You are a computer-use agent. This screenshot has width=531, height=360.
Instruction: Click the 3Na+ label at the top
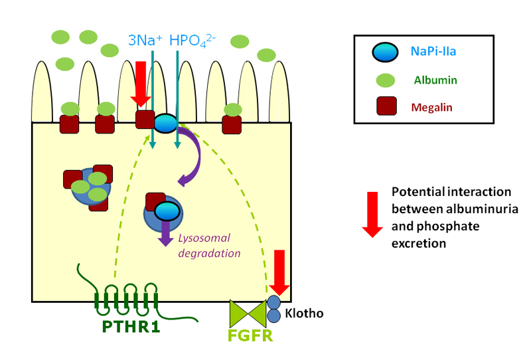[x=145, y=41]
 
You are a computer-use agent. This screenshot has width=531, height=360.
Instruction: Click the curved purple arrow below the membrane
[x=193, y=156]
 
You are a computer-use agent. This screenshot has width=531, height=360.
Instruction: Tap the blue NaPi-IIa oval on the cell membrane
[x=165, y=123]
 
